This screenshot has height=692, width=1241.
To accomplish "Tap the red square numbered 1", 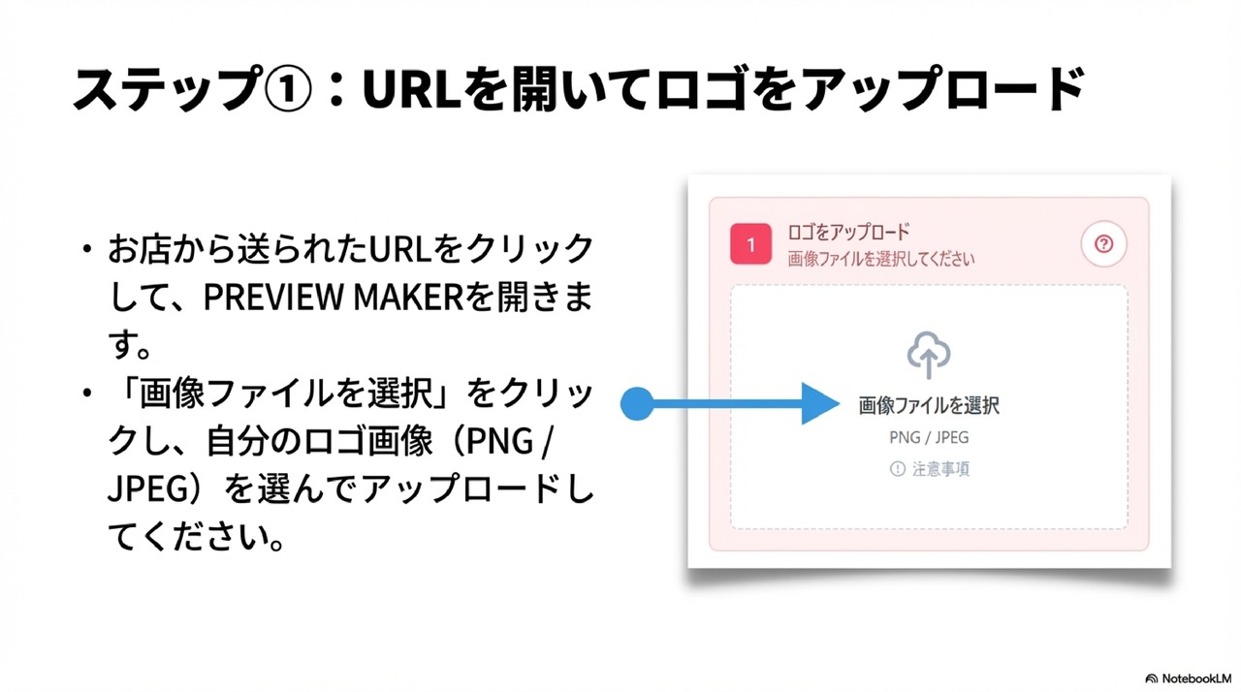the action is pos(750,244).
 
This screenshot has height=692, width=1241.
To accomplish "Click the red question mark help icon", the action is pos(1103,244).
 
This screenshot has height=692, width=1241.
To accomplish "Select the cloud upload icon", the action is pos(929,356).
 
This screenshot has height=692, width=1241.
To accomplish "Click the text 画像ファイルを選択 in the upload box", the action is pos(929,405).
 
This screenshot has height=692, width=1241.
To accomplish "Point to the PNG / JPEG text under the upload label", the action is pos(929,437).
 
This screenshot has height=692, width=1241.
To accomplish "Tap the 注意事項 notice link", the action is pos(940,469).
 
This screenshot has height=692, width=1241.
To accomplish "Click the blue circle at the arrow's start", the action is pos(637,404).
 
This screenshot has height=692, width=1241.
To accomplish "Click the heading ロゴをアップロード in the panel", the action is pos(849,233).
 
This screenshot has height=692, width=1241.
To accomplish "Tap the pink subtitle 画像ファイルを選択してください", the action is pos(881,259).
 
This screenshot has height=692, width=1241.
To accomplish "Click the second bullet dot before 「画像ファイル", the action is pos(87,394).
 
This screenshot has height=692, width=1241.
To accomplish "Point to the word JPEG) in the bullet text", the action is pos(159,489).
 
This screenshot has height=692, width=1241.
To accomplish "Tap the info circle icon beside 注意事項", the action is pos(897,469).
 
